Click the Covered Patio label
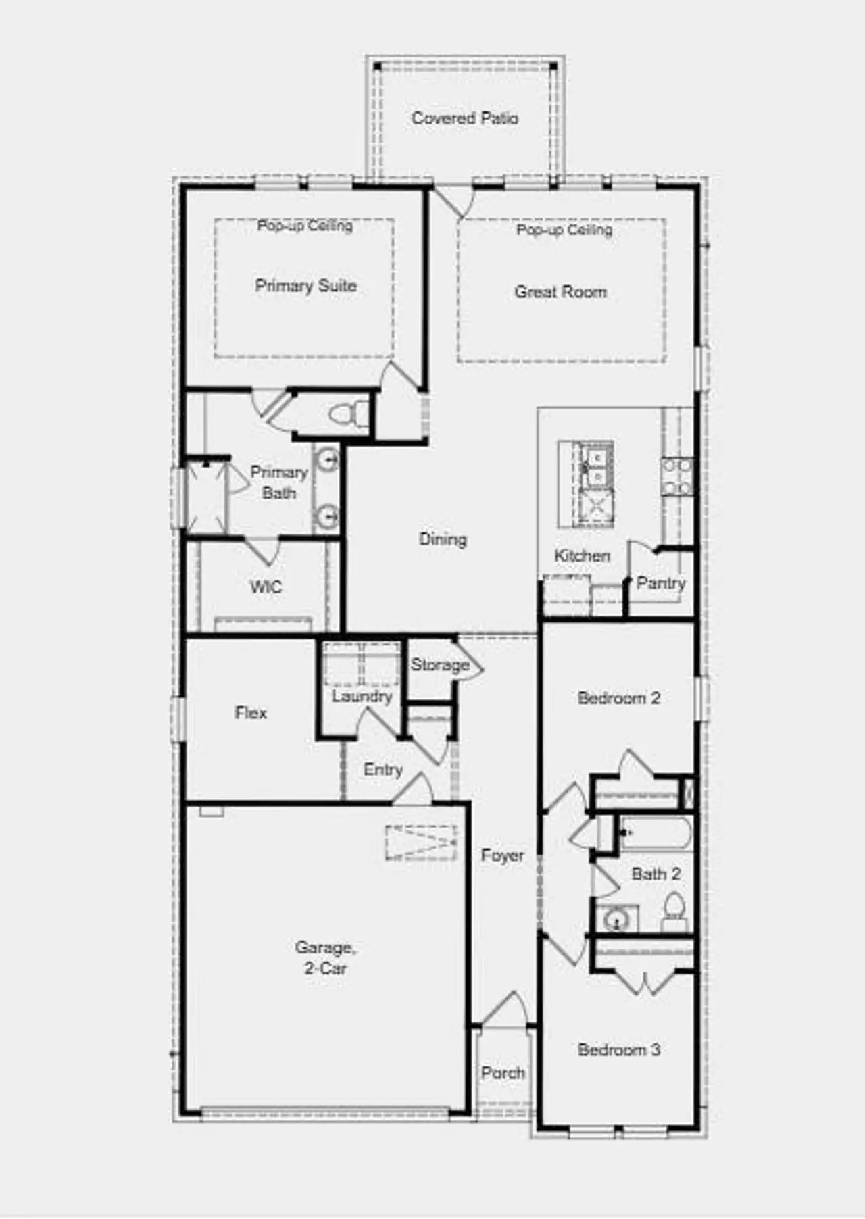point(465,118)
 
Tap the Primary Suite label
point(305,286)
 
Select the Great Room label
point(560,292)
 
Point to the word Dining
point(443,539)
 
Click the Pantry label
point(660,582)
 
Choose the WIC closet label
point(266,587)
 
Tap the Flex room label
point(251,712)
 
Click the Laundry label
point(362,696)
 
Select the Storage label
point(440,665)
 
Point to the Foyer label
point(502,855)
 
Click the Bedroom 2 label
point(618,698)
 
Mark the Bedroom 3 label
point(618,1049)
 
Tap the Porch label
point(503,1072)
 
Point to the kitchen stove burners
point(677,476)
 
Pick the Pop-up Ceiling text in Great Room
point(564,230)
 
